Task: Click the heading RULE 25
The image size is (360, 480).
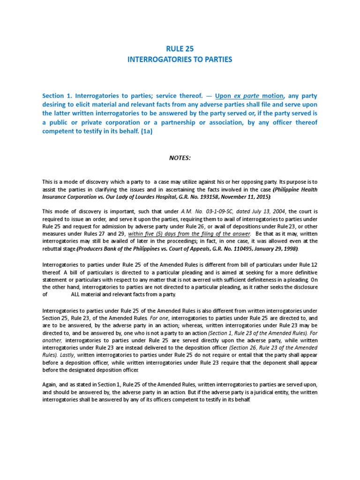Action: pos(180,48)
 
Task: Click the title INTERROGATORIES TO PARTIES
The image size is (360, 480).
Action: pos(180,60)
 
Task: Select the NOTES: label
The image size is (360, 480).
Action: pos(180,158)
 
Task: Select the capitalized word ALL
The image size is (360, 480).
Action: pos(76,294)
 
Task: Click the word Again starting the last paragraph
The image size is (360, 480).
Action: pos(51,384)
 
